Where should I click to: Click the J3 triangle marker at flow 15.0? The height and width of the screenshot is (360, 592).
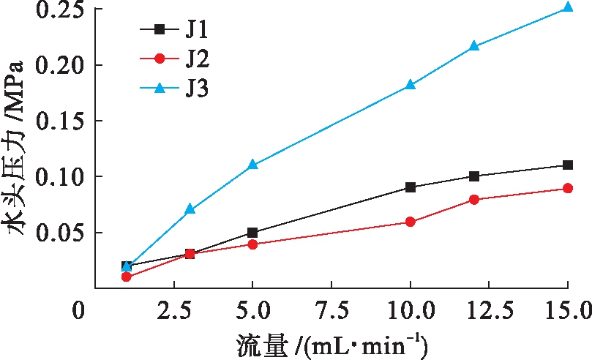click(567, 8)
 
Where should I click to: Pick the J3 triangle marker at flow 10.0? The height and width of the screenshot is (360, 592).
click(411, 85)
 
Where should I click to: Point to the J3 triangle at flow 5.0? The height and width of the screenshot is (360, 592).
click(252, 165)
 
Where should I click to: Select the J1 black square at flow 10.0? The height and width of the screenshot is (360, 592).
click(411, 187)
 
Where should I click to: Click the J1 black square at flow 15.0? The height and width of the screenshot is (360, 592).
click(567, 165)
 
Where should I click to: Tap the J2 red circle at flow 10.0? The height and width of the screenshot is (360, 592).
click(411, 222)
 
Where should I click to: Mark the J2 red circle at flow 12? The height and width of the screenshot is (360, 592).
click(474, 199)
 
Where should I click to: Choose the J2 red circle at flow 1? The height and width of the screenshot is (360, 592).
click(127, 277)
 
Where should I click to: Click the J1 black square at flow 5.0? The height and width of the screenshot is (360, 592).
click(252, 233)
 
